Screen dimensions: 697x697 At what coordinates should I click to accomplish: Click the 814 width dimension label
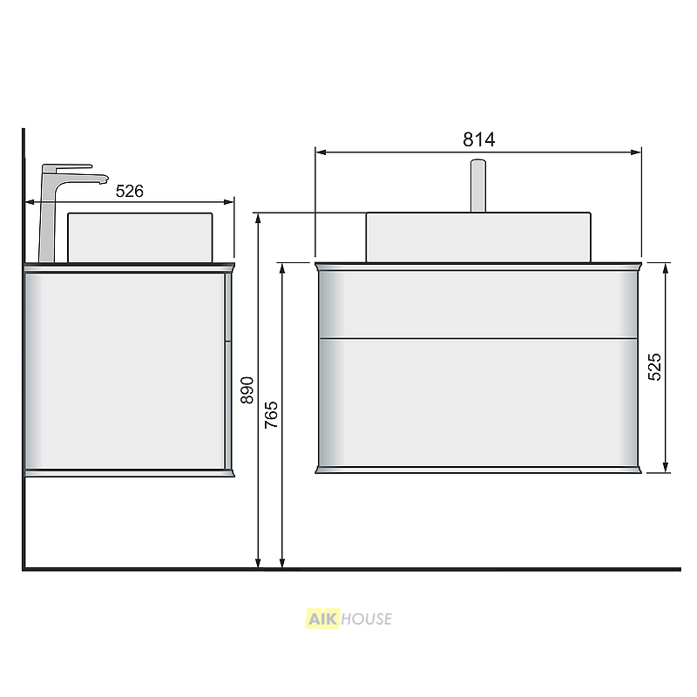(x=478, y=139)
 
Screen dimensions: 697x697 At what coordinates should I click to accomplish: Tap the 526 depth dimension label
(x=129, y=191)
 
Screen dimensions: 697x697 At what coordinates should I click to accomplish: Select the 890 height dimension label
(x=247, y=390)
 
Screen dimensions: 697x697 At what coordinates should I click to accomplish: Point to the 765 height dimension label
(x=271, y=415)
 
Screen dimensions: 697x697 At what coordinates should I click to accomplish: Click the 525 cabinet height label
(x=654, y=367)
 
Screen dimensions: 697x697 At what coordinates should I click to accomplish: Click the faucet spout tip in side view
(x=105, y=179)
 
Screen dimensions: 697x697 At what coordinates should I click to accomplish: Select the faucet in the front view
(x=478, y=186)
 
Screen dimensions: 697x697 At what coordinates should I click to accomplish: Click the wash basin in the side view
(x=140, y=238)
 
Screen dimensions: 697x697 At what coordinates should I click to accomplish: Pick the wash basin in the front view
(x=478, y=237)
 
